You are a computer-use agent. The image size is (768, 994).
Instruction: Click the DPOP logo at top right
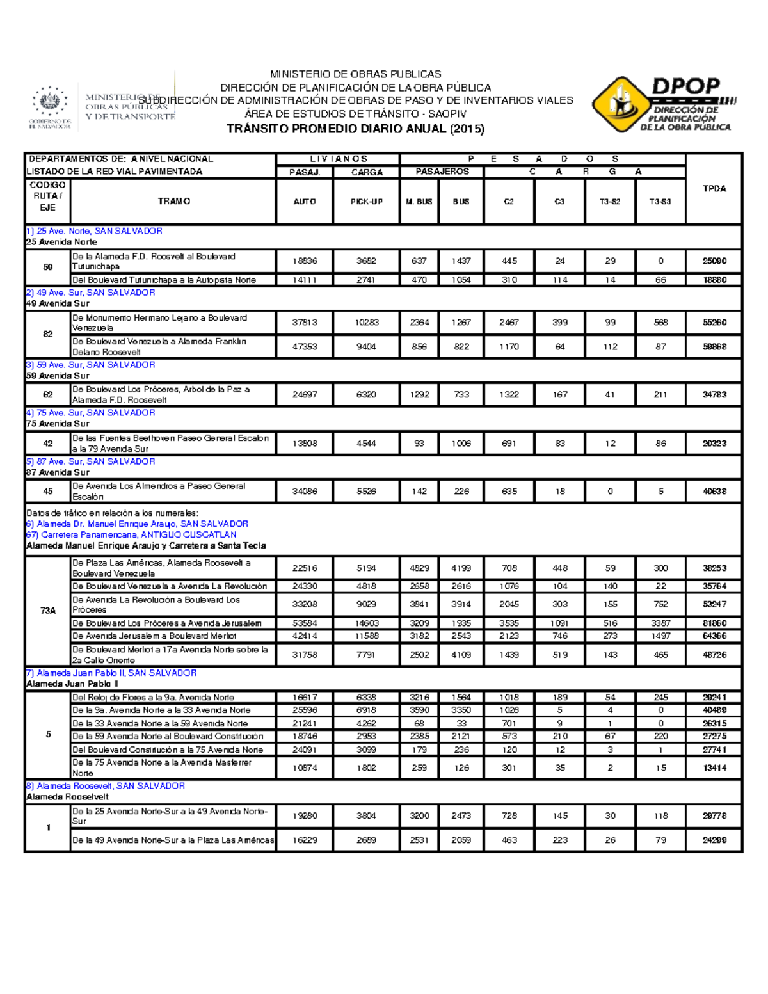click(x=663, y=104)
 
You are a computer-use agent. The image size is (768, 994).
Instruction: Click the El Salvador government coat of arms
click(x=49, y=102)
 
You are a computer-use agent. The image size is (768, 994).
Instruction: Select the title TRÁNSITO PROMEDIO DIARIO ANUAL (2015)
click(x=355, y=129)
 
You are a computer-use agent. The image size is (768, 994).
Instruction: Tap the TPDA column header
click(x=714, y=189)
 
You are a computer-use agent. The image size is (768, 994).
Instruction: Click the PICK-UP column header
click(x=366, y=202)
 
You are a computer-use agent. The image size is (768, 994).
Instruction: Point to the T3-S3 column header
click(x=660, y=202)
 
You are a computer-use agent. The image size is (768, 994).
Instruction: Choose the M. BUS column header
click(x=419, y=202)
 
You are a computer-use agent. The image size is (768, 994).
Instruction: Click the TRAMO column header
click(x=173, y=202)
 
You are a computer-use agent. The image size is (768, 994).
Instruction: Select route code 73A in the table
click(x=48, y=611)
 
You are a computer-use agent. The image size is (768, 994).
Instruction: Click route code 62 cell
click(x=48, y=395)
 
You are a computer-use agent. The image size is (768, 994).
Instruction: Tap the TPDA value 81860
click(x=714, y=623)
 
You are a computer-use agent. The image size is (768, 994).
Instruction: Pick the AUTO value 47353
click(x=305, y=347)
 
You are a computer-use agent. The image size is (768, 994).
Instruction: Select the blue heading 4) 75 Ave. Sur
click(x=90, y=413)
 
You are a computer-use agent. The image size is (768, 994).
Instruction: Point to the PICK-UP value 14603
click(x=366, y=623)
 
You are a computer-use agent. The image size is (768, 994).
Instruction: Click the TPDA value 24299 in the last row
click(x=714, y=840)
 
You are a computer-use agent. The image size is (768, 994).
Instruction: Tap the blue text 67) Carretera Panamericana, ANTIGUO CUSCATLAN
click(x=131, y=534)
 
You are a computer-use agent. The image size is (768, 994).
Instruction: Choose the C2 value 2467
click(x=509, y=323)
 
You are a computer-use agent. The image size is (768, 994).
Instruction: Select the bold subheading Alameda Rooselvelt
click(x=67, y=797)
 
